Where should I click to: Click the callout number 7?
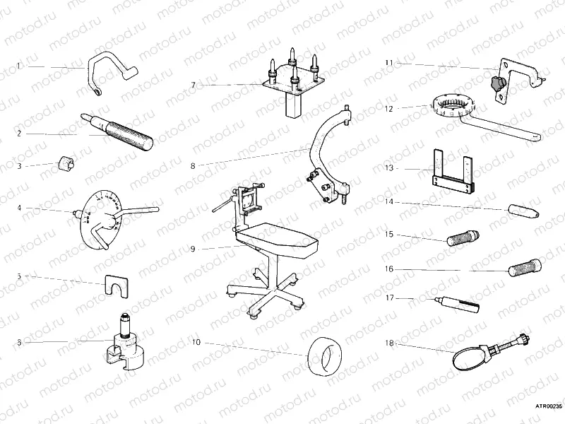tap(193, 85)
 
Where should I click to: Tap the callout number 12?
tap(388, 109)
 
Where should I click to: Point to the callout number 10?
tap(196, 343)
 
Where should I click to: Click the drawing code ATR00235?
tap(547, 406)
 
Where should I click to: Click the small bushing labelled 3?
tap(66, 165)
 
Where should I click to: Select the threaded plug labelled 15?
tap(461, 236)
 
